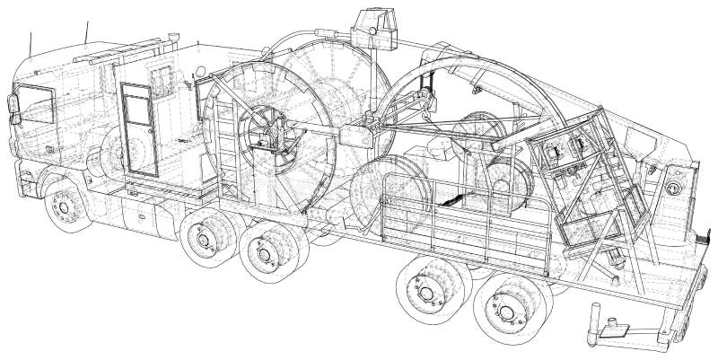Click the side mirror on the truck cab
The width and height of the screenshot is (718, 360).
point(13,105)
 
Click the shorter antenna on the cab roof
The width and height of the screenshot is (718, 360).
point(31,42)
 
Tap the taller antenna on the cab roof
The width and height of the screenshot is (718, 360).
point(87,31)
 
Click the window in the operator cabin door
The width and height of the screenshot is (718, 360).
point(136,107)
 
